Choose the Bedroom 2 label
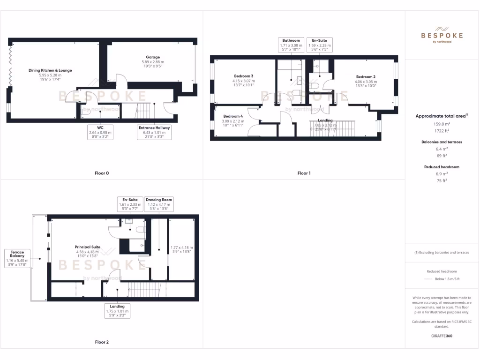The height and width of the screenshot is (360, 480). tap(366, 76)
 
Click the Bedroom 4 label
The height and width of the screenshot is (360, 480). tap(233, 116)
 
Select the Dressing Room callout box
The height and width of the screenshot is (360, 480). tap(159, 204)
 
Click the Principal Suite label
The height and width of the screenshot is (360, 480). tap(88, 247)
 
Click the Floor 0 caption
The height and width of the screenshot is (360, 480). tap(102, 173)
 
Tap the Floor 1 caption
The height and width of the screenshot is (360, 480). tap(304, 173)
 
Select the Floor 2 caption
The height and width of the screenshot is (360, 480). tap(102, 342)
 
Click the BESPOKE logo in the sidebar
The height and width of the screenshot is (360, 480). tap(442, 35)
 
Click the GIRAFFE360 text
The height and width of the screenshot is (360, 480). tap(442, 336)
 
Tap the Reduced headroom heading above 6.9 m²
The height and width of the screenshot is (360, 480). tap(442, 167)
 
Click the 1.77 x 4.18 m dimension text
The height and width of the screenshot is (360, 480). tap(181, 247)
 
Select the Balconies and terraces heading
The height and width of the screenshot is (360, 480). tap(442, 142)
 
